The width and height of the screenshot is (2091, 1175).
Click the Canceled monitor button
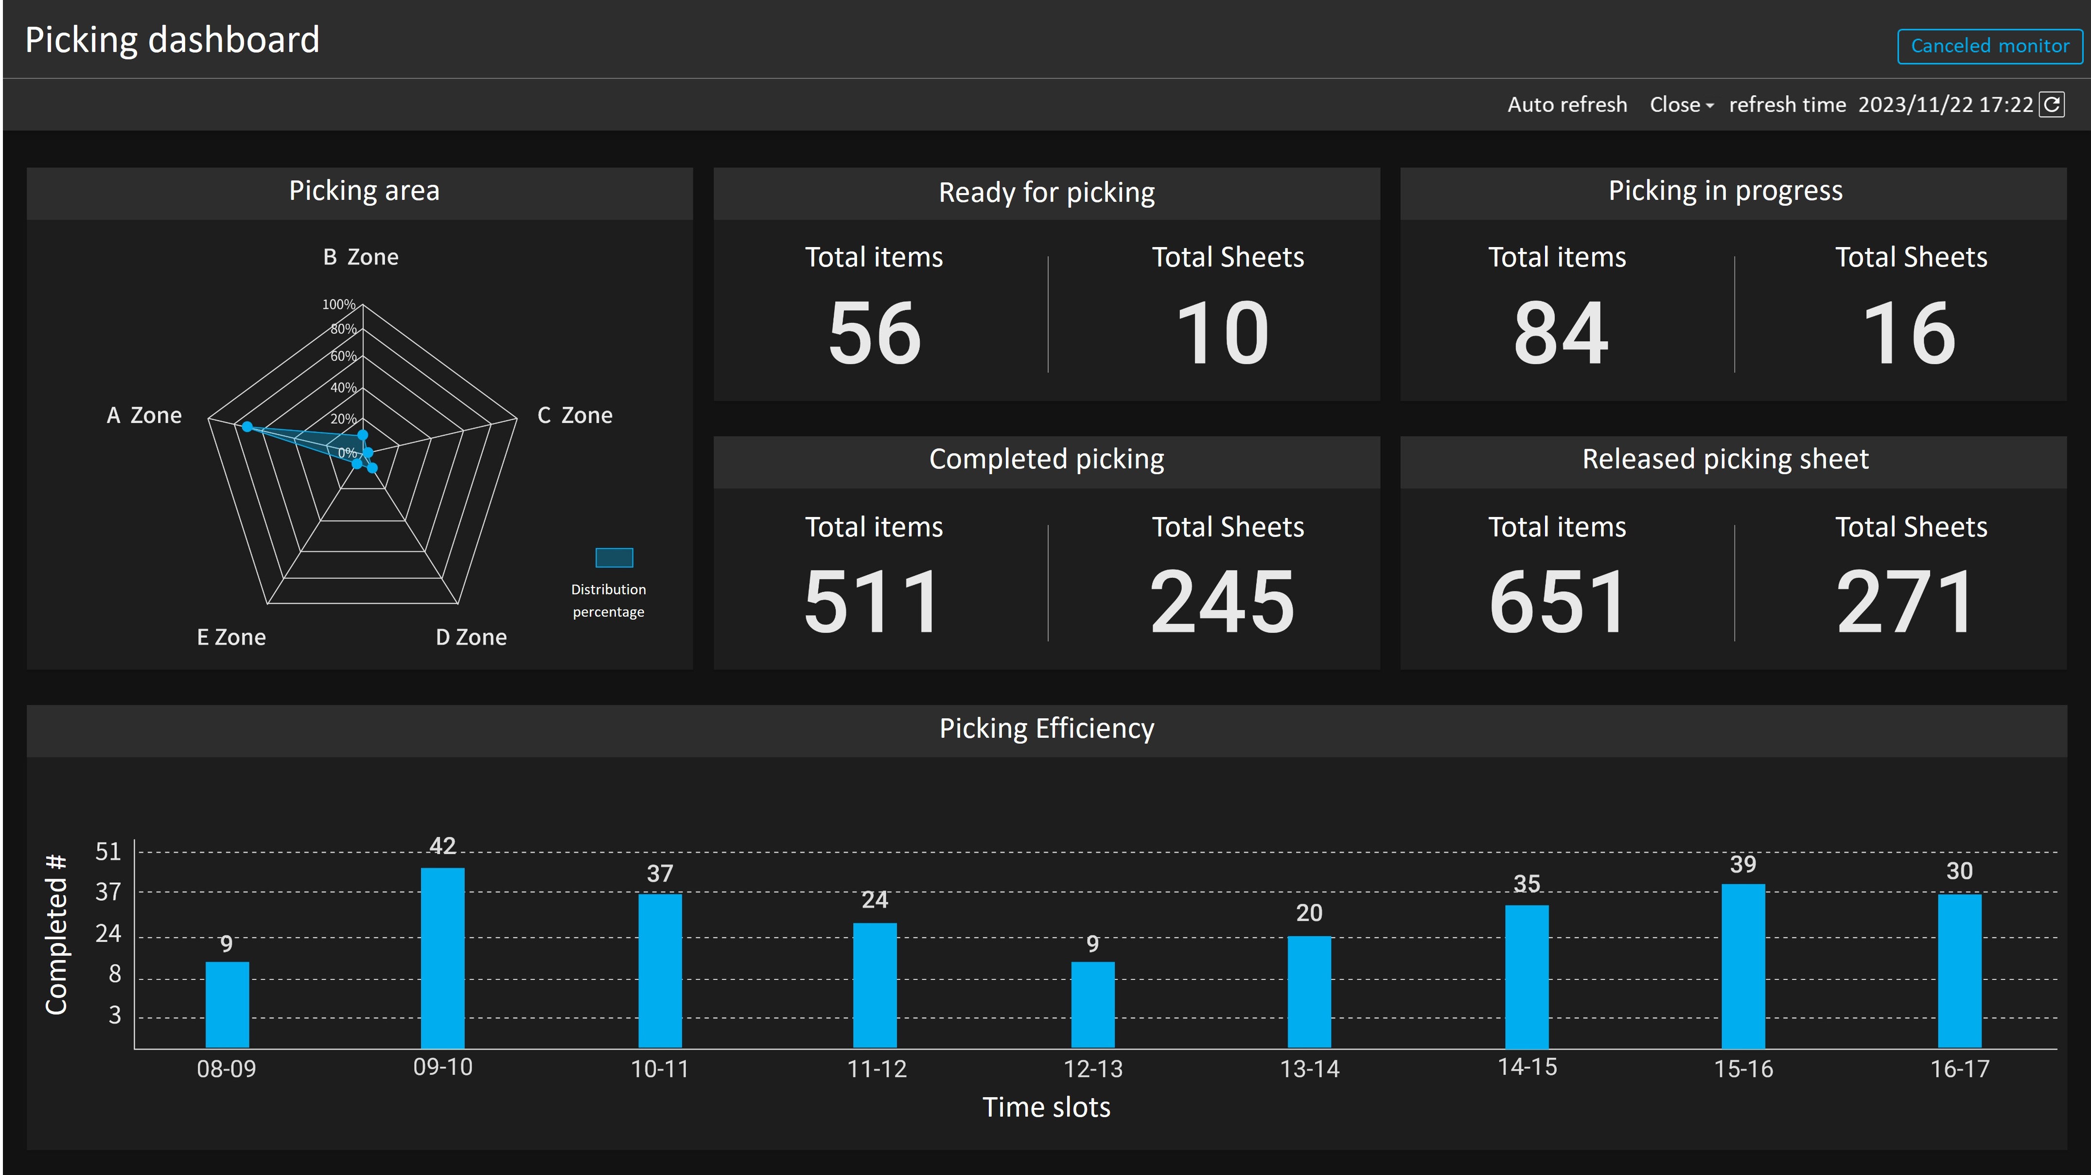[x=1989, y=46]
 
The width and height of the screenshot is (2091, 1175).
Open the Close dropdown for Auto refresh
[x=1681, y=105]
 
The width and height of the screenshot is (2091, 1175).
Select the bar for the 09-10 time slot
[x=442, y=958]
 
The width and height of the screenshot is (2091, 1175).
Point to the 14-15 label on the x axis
[x=1527, y=1067]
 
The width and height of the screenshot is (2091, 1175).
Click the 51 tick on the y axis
[x=108, y=851]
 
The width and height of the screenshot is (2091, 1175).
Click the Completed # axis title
[x=56, y=934]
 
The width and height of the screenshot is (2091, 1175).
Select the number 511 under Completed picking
[x=873, y=602]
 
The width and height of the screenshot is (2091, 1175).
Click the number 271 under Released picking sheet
[x=1904, y=602]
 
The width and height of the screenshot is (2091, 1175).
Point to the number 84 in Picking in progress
[x=1560, y=333]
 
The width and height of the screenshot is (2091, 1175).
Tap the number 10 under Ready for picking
[x=1222, y=333]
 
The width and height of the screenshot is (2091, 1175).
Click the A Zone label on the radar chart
[x=144, y=416]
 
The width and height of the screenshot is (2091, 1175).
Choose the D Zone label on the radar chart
[x=471, y=638]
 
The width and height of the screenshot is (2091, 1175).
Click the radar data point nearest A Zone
[x=247, y=427]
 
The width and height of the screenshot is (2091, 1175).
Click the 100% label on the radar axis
[x=338, y=304]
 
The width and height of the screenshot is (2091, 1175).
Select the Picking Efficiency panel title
[x=1046, y=729]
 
